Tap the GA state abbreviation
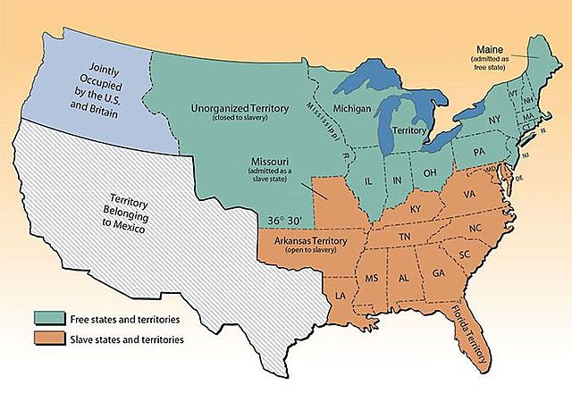438,274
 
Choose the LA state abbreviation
341,294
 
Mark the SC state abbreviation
464,255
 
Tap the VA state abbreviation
468,194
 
